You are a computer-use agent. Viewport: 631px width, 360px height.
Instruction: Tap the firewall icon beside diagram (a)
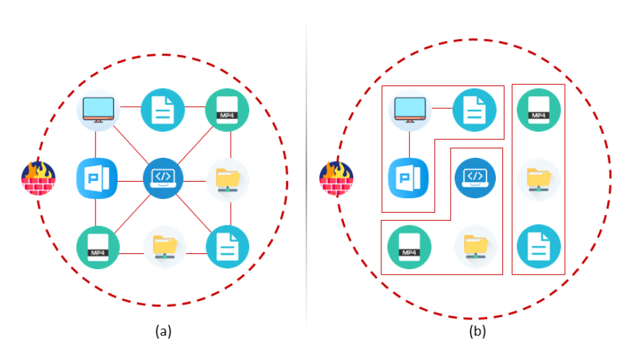tap(38, 178)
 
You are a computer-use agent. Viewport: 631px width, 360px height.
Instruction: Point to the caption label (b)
tap(477, 331)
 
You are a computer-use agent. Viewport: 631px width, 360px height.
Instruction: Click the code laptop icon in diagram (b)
tap(475, 178)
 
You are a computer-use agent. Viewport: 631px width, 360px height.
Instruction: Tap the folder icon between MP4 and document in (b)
tap(539, 179)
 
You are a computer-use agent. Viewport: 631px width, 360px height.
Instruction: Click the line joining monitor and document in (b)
tap(441, 108)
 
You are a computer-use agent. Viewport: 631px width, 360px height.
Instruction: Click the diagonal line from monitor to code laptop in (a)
tap(131, 143)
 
